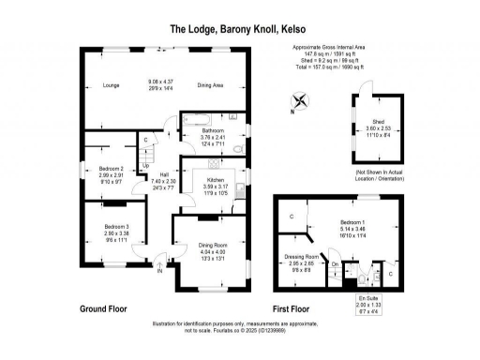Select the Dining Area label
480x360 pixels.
210,85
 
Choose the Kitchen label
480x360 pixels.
216,179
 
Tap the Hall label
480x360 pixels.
163,175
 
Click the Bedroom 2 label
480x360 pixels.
112,169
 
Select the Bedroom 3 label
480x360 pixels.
116,226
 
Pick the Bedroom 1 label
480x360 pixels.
352,222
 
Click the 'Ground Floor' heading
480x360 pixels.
103,307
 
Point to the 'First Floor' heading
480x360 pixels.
292,307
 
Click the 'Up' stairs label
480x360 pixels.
145,166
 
